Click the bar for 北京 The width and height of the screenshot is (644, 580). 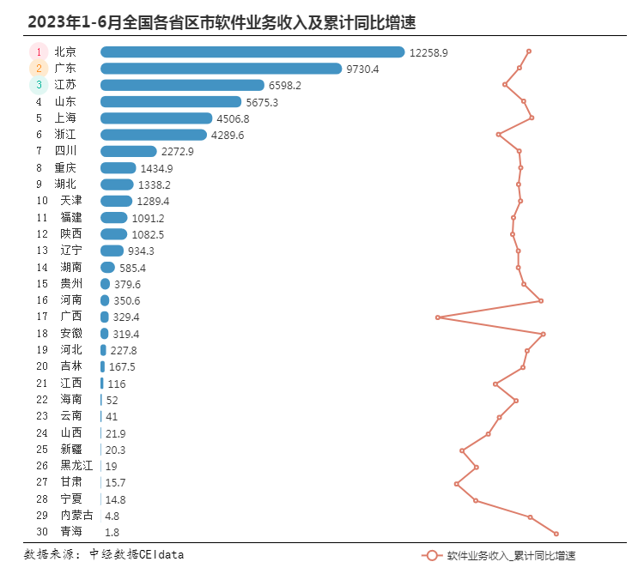click(252, 51)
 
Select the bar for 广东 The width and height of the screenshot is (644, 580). click(221, 69)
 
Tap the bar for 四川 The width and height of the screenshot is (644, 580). click(129, 151)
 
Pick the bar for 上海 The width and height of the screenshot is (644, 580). click(156, 118)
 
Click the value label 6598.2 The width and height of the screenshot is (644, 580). click(285, 86)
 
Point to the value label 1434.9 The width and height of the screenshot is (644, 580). click(156, 168)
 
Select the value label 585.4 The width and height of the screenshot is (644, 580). click(132, 268)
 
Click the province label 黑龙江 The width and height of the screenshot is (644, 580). click(76, 466)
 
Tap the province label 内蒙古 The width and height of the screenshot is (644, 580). click(76, 515)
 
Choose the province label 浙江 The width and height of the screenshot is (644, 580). click(65, 134)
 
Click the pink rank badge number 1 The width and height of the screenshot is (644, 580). click(39, 51)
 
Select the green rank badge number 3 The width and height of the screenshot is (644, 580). click(39, 85)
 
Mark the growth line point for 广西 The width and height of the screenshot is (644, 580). click(438, 317)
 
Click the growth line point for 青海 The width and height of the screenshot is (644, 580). click(556, 534)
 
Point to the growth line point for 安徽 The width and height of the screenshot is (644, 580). click(544, 334)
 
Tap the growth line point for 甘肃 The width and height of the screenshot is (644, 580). click(457, 484)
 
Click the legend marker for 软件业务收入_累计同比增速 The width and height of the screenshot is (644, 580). click(432, 556)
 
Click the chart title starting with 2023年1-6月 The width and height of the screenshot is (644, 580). click(222, 22)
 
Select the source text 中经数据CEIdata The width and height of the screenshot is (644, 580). click(137, 554)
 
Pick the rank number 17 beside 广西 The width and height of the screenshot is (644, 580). click(42, 317)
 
